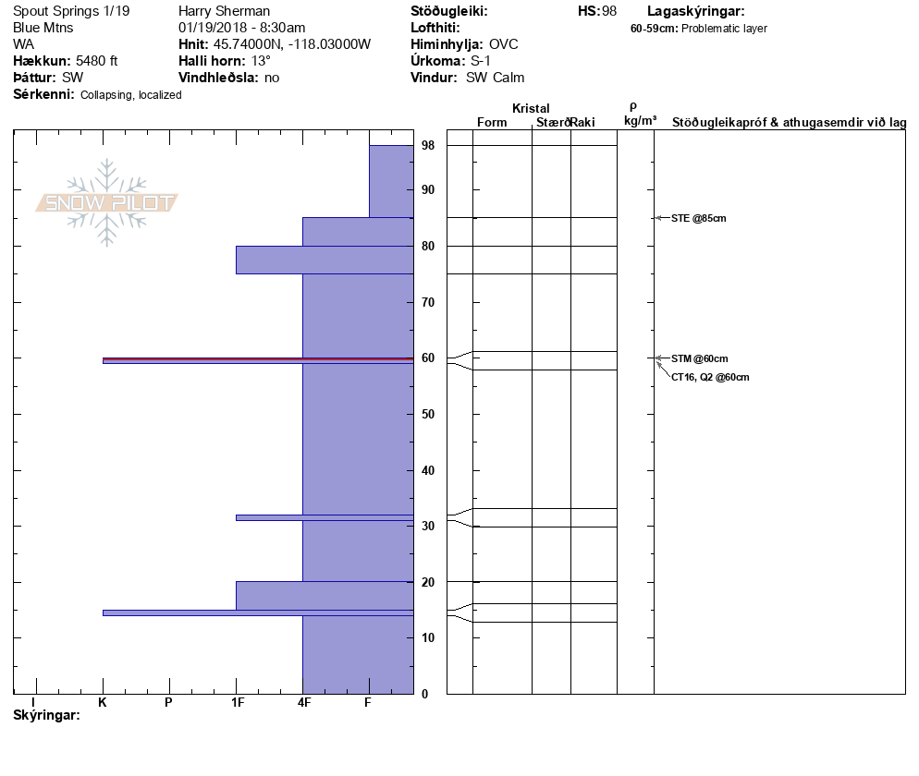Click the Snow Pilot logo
tap(106, 202)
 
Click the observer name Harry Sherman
tap(224, 11)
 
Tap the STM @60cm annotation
tap(700, 358)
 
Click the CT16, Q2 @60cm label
tap(710, 377)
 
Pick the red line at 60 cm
tap(258, 358)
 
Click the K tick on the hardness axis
tap(103, 703)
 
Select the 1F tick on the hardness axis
tap(237, 703)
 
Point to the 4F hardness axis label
tap(303, 703)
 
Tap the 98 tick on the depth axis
tap(428, 146)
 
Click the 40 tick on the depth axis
tap(428, 470)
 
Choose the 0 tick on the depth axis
tap(424, 694)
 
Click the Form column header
tap(491, 123)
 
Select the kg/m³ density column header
tap(640, 120)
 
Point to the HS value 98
tap(608, 11)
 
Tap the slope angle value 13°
tap(261, 61)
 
